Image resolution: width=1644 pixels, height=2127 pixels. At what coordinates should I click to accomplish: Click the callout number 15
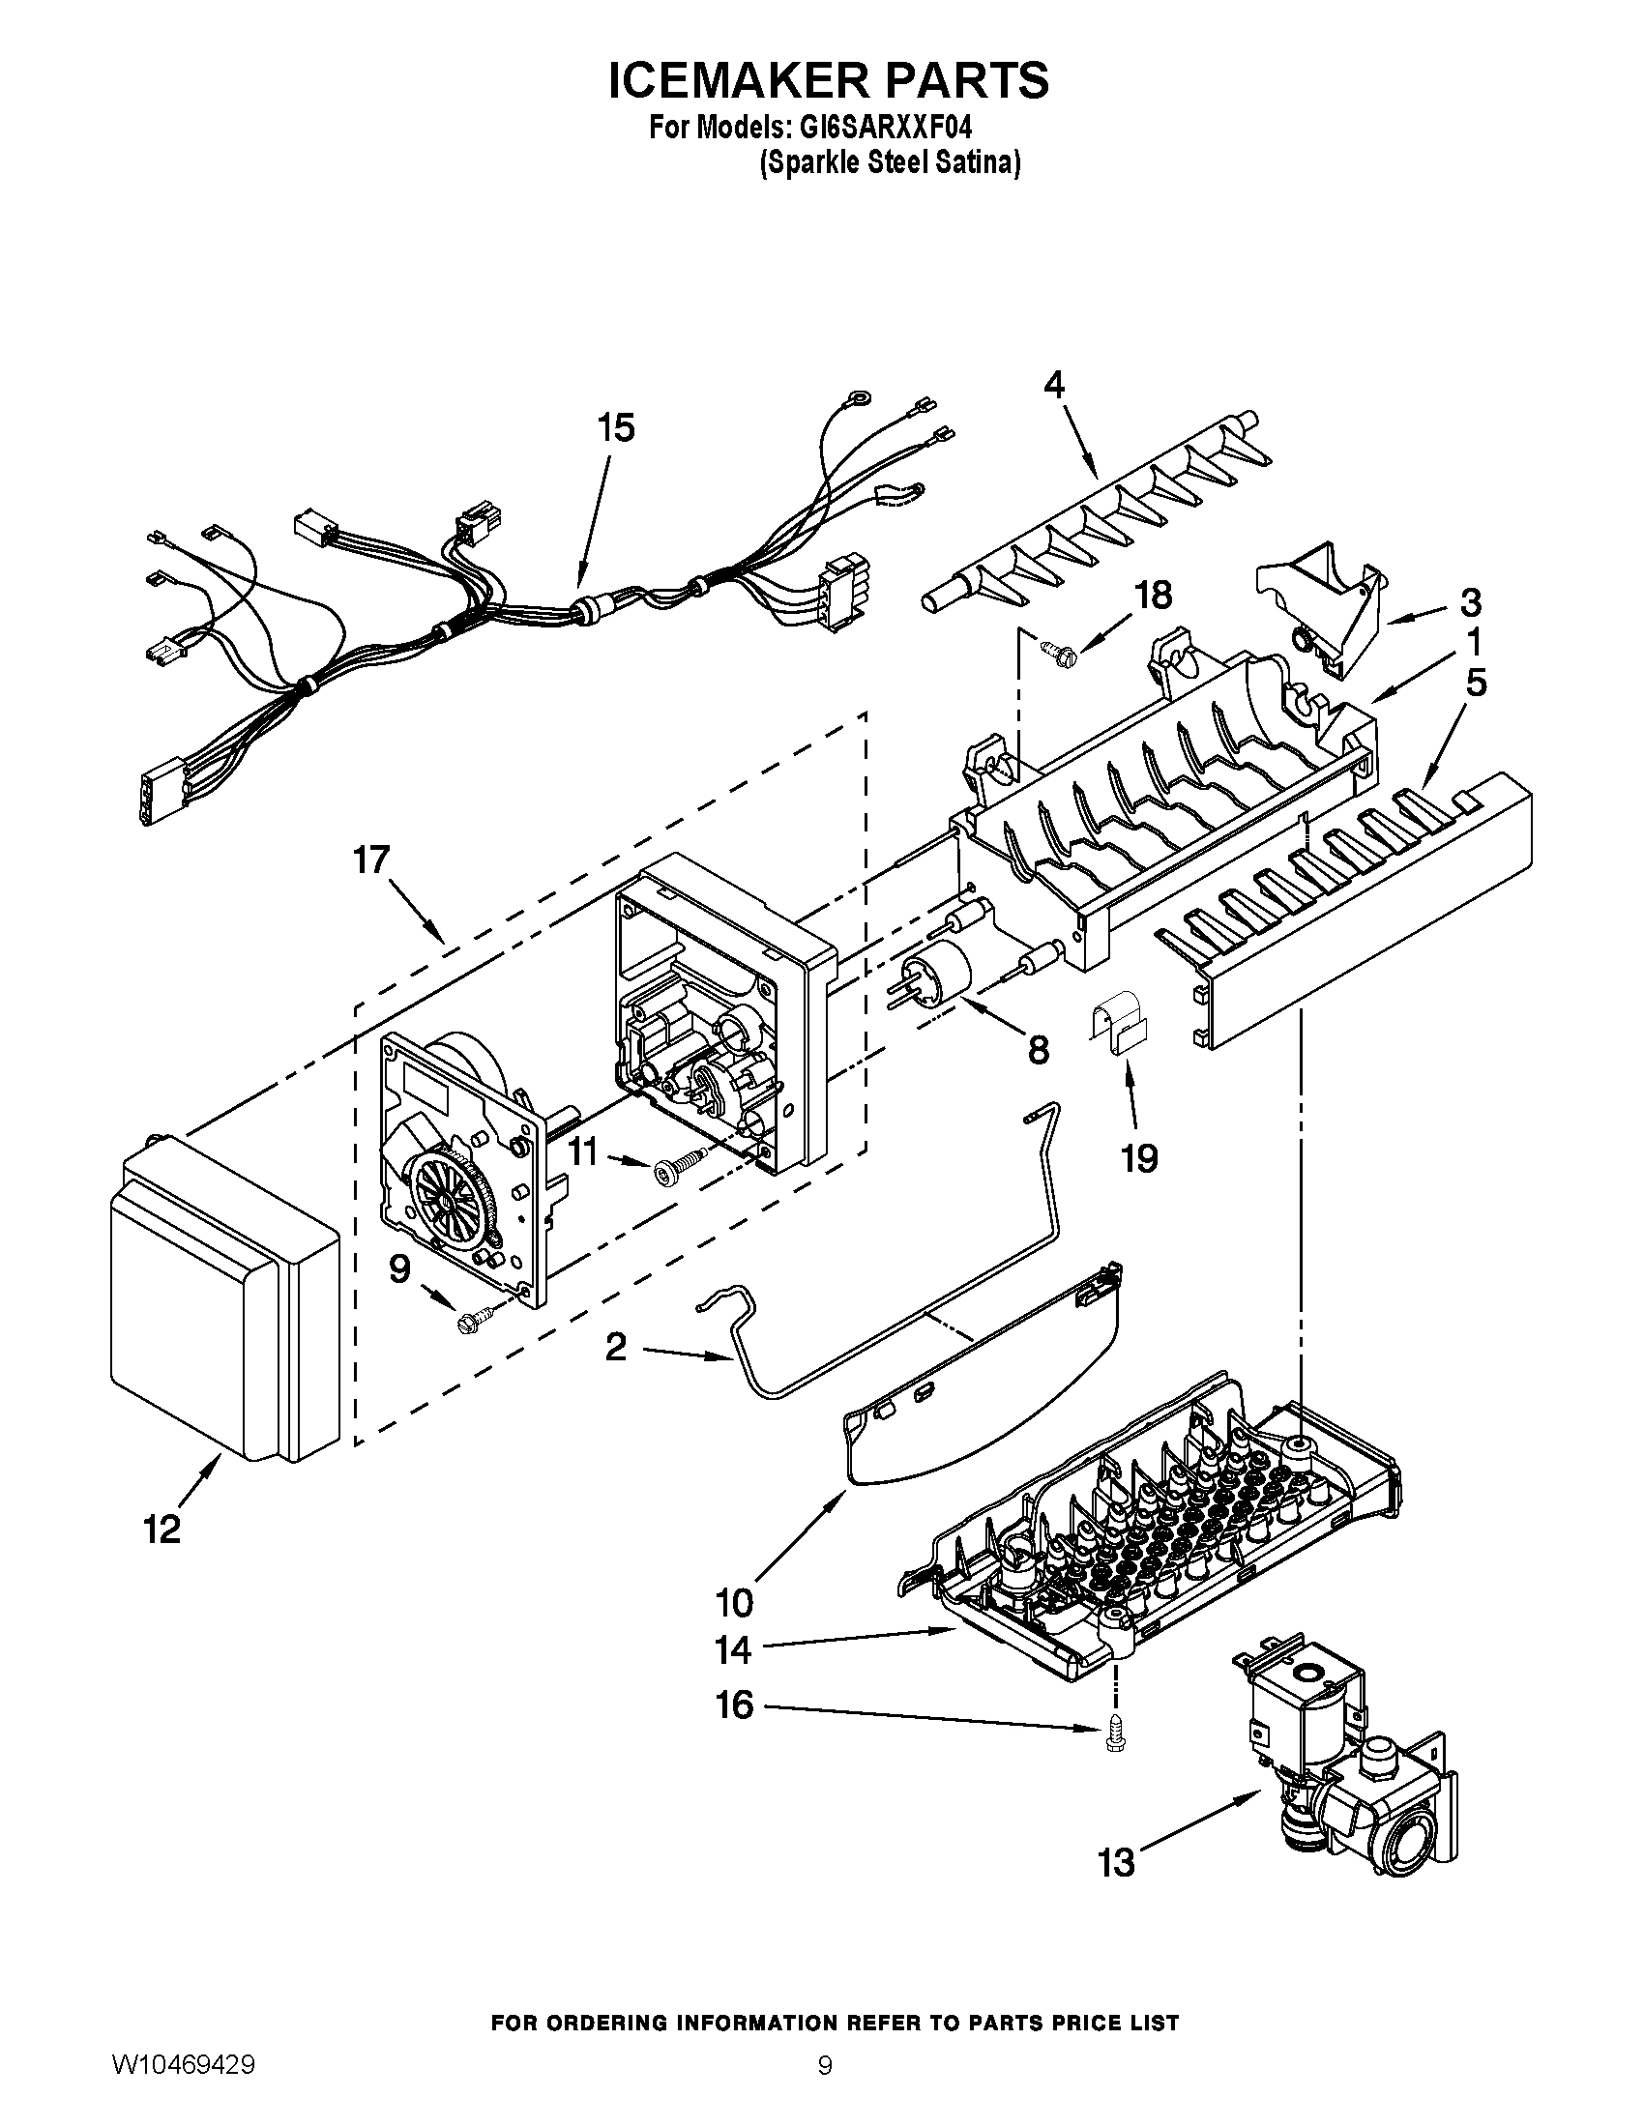point(615,427)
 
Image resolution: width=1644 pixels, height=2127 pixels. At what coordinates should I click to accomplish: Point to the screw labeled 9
point(475,1321)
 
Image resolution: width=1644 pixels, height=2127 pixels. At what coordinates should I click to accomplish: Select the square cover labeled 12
point(222,1307)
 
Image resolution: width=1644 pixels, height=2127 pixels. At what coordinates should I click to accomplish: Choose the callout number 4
point(1054,386)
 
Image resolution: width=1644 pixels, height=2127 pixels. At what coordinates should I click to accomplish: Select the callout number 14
point(732,1649)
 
